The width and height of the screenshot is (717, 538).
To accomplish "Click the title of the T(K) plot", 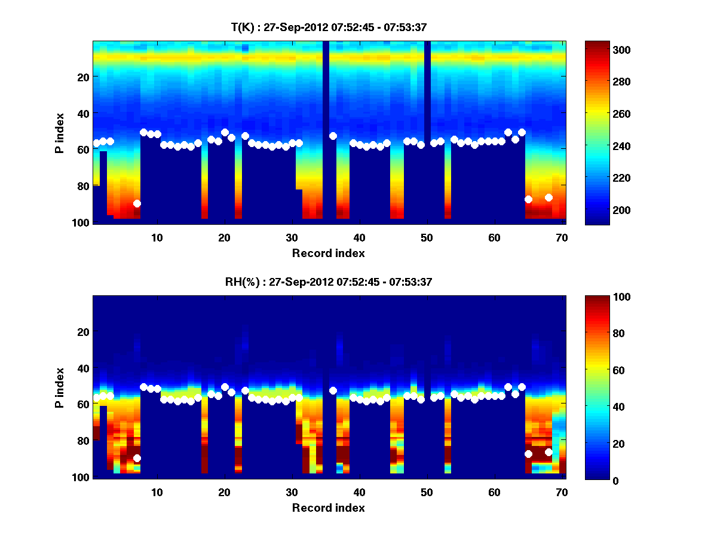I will pos(329,27).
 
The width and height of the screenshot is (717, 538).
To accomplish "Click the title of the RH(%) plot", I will pos(329,282).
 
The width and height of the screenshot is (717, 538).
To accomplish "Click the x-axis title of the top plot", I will pos(329,253).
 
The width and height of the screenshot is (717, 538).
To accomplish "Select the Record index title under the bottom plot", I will pos(329,508).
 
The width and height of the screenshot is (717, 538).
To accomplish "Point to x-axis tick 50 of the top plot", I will pos(427,237).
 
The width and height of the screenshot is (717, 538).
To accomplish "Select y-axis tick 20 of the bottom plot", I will pos(84,332).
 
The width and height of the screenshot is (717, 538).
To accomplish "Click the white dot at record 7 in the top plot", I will pos(137,203).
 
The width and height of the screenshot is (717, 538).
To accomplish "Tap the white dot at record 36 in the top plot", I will pos(333,136).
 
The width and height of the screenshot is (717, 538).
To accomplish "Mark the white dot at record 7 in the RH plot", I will pos(137,458).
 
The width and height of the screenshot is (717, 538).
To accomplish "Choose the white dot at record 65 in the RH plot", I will pos(528,454).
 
